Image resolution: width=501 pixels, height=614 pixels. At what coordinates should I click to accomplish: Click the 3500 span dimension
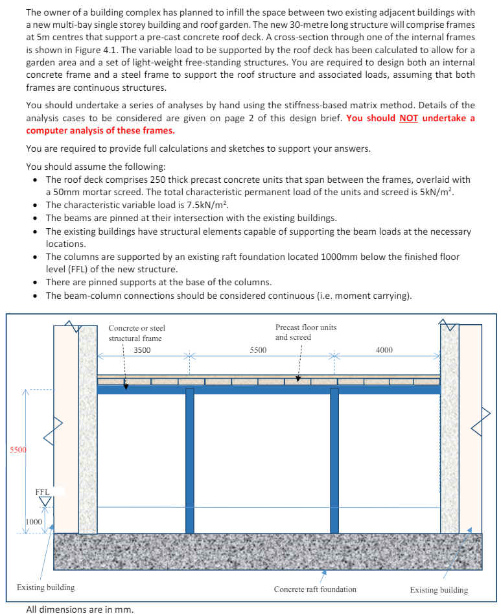click(x=142, y=350)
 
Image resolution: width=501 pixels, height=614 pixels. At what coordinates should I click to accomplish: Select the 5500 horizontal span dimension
click(x=258, y=350)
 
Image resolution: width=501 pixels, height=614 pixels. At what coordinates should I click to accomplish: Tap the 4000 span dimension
click(x=384, y=350)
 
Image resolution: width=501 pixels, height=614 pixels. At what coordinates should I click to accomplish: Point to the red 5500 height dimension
click(x=17, y=449)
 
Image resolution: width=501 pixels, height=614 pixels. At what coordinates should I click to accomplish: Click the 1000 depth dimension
click(x=34, y=521)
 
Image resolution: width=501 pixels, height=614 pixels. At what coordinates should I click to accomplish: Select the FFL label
click(x=43, y=492)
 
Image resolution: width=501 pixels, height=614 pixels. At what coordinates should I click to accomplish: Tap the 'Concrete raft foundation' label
click(x=315, y=589)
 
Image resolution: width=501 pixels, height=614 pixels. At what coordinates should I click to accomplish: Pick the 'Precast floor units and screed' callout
click(x=306, y=332)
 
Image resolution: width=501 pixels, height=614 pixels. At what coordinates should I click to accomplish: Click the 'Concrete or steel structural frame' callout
click(x=136, y=333)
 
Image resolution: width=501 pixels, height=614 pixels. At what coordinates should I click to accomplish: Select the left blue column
click(x=190, y=460)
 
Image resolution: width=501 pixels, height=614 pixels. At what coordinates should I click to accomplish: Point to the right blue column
click(x=334, y=460)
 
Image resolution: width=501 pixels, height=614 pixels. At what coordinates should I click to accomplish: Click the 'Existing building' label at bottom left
click(x=45, y=587)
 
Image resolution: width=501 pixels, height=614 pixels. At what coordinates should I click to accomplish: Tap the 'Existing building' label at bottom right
click(x=439, y=589)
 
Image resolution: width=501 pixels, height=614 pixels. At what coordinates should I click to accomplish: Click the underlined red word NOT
click(x=408, y=118)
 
